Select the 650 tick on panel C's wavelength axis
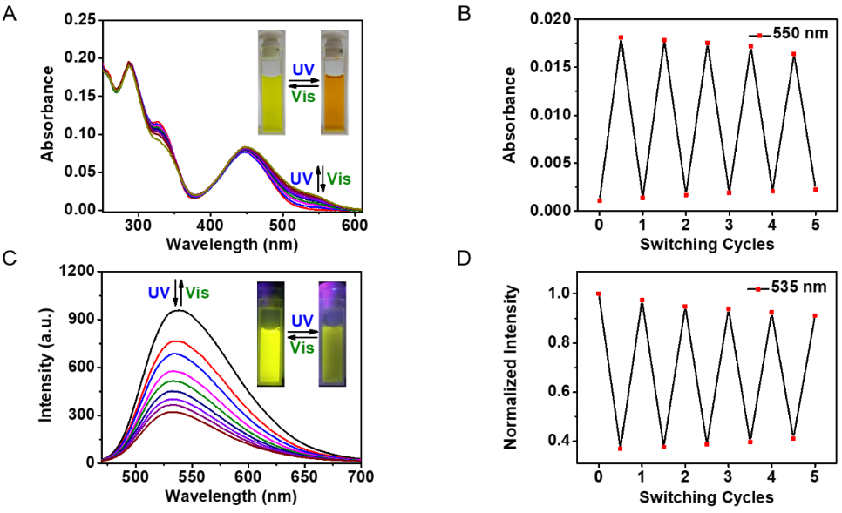[x=304, y=477]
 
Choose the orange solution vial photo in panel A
[x=335, y=82]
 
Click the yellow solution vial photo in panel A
[x=272, y=82]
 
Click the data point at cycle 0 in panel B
[x=599, y=200]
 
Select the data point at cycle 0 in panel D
[x=599, y=294]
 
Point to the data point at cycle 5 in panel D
[x=814, y=315]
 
